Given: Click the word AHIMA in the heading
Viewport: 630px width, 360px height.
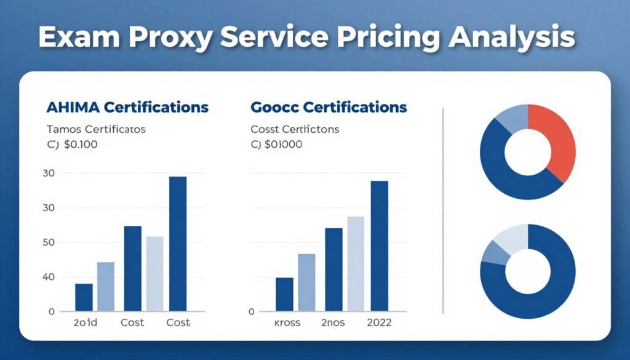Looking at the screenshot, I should coord(73,107).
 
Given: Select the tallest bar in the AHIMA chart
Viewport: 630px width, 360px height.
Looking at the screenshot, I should coord(178,243).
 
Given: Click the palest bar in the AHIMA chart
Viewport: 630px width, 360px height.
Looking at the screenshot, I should coord(154,273).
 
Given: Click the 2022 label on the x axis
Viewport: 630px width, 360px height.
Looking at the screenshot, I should coord(380,323).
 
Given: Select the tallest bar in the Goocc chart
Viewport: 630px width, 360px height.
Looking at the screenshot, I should coord(380,246).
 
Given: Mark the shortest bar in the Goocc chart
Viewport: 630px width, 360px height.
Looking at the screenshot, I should coord(284,294).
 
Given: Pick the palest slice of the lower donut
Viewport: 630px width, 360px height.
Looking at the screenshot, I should coord(509,238).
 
